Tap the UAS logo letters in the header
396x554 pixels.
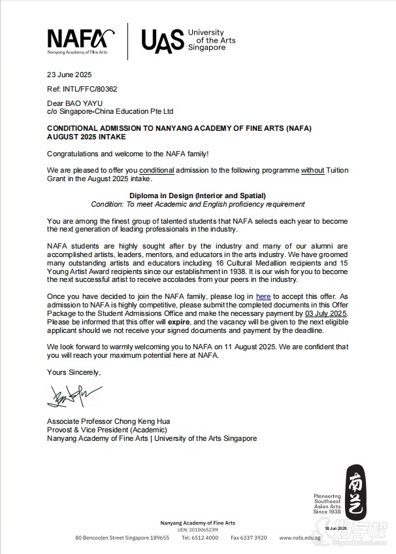tap(162, 41)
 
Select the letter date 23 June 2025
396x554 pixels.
tap(69, 75)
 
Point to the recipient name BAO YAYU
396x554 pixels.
tap(84, 103)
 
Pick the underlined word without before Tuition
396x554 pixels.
tap(313, 170)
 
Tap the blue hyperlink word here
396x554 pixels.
tap(263, 296)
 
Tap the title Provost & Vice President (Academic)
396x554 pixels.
tap(107, 430)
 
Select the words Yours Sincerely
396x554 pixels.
tap(74, 372)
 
